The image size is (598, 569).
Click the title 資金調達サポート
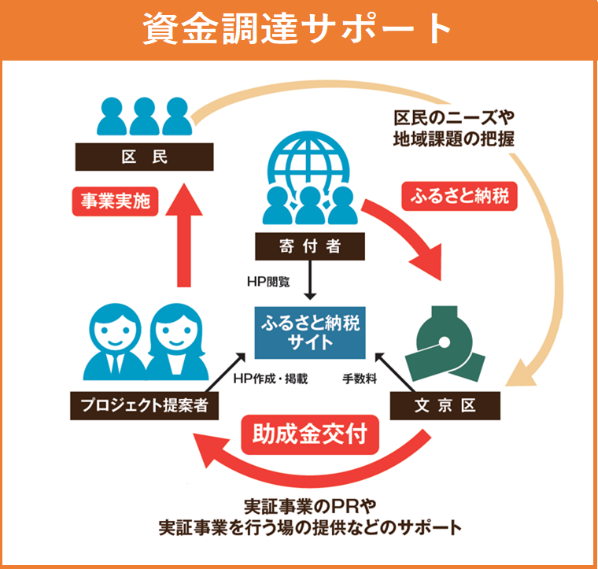pyautogui.click(x=298, y=30)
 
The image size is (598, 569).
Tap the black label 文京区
pyautogui.click(x=445, y=406)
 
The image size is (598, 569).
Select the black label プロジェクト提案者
pyautogui.click(x=143, y=406)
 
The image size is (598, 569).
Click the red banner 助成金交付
pyautogui.click(x=310, y=434)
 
